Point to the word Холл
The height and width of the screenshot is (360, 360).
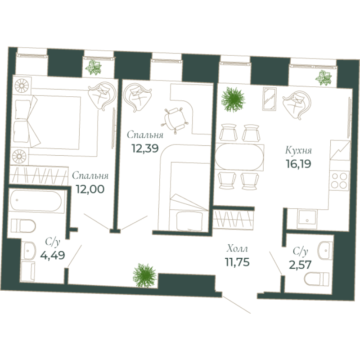click(x=237, y=248)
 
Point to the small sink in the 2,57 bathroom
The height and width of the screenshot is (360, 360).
click(x=324, y=248)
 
